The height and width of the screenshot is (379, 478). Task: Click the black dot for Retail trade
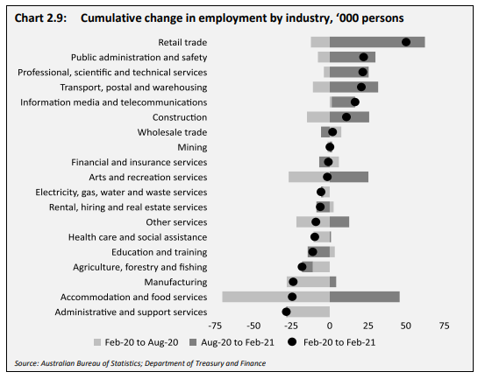[406, 42]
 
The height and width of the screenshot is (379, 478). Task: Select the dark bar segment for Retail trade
[377, 42]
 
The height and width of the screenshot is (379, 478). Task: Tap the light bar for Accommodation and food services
[276, 297]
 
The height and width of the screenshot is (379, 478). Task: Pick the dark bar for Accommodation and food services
[365, 297]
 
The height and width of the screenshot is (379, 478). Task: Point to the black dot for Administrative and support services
[286, 312]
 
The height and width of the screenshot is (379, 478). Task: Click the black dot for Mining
[330, 147]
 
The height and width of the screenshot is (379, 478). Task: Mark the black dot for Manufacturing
[293, 282]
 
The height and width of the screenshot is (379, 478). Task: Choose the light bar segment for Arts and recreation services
[309, 177]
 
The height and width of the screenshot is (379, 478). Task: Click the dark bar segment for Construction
[349, 117]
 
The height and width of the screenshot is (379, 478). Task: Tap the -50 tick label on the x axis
[253, 326]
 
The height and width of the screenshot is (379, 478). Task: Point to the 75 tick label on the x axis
[444, 326]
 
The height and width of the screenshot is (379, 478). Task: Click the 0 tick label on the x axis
[330, 326]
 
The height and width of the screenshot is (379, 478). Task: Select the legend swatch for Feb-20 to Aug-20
[97, 342]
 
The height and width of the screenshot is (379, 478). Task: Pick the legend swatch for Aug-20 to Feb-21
[193, 342]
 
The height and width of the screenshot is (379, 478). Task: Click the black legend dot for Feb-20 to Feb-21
[292, 342]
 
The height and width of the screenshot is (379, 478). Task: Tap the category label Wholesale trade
[172, 132]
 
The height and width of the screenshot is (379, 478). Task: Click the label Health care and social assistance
[138, 237]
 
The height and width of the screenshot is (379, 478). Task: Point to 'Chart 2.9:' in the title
[40, 18]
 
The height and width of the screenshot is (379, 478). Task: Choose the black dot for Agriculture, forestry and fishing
[302, 267]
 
